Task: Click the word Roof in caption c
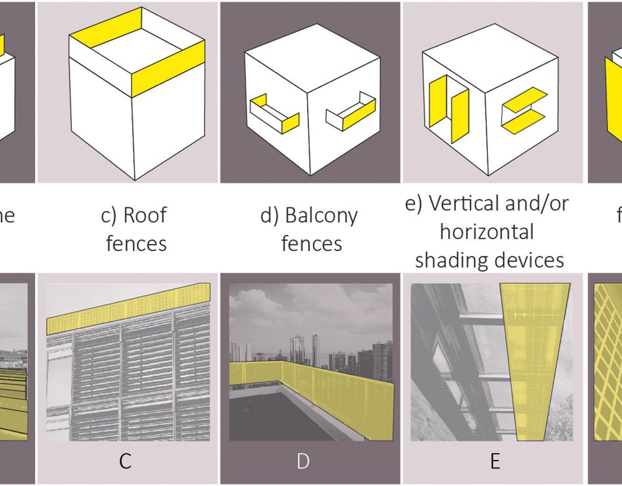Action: click(x=146, y=215)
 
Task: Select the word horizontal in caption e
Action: click(x=486, y=231)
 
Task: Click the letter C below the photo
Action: click(x=126, y=461)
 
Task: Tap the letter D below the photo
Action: click(x=303, y=461)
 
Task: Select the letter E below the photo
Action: click(x=495, y=461)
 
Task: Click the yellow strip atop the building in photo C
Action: click(x=130, y=307)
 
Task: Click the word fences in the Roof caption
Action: click(x=136, y=244)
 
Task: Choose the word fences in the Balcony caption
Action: click(x=311, y=244)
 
